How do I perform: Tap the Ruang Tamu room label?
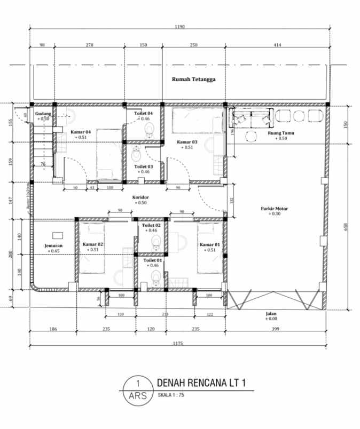pyautogui.click(x=280, y=133)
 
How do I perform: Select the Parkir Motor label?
pyautogui.click(x=275, y=209)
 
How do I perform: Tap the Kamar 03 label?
pyautogui.click(x=187, y=142)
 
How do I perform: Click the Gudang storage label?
pyautogui.click(x=43, y=114)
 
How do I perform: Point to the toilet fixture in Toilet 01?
pyautogui.click(x=155, y=276)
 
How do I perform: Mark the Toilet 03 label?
pyautogui.click(x=143, y=166)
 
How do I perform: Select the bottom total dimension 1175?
pyautogui.click(x=178, y=344)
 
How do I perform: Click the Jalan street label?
pyautogui.click(x=272, y=314)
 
